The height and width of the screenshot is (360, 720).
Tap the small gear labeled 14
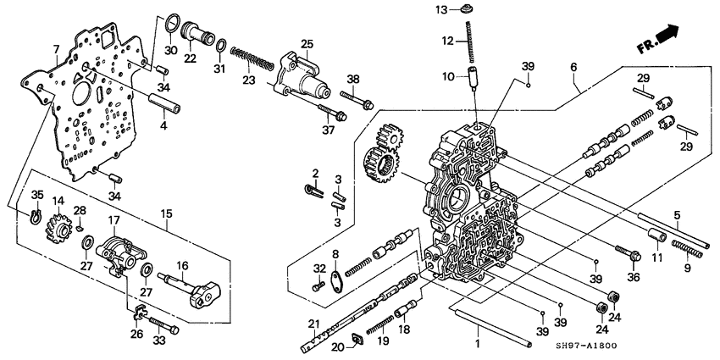[60, 228]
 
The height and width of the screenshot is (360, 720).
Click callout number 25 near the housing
[307, 43]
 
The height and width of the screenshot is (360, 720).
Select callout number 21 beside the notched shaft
[313, 324]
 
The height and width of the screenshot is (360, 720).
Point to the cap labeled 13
[465, 9]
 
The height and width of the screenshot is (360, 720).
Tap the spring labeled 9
[687, 246]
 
